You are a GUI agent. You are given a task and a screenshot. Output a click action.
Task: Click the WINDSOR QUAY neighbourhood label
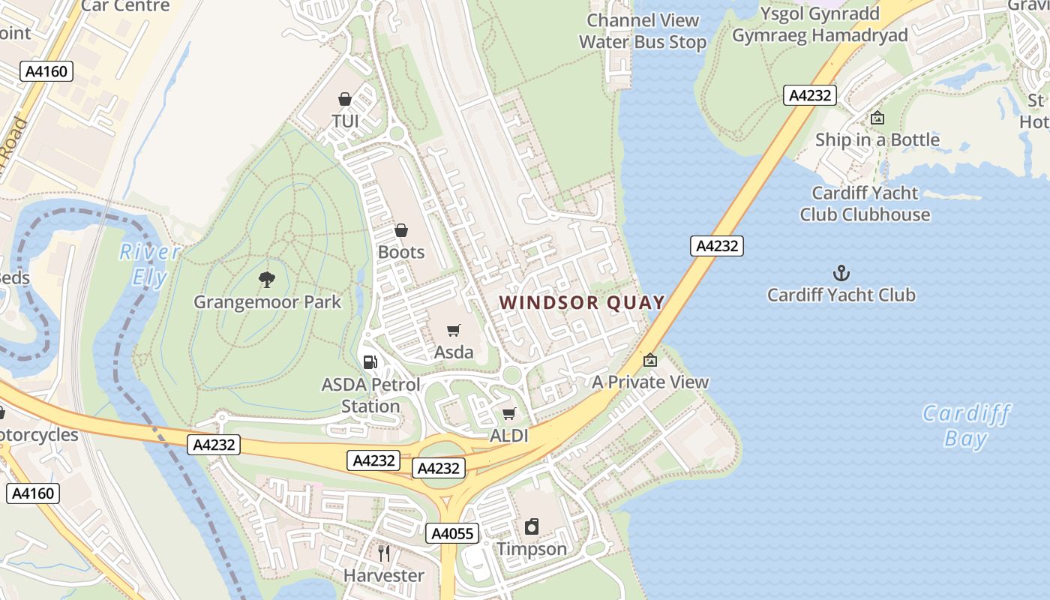pyautogui.click(x=582, y=302)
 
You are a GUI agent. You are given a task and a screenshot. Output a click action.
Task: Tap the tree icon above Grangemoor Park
pyautogui.click(x=266, y=280)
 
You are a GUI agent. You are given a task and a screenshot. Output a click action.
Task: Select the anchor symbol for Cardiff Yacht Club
pyautogui.click(x=841, y=273)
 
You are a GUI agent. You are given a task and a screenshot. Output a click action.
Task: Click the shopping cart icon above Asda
pyautogui.click(x=454, y=330)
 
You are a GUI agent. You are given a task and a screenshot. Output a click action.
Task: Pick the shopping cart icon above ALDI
pyautogui.click(x=509, y=413)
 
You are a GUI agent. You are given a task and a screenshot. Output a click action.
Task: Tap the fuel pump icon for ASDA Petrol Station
pyautogui.click(x=370, y=362)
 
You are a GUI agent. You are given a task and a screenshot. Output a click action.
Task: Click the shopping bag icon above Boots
pyautogui.click(x=401, y=230)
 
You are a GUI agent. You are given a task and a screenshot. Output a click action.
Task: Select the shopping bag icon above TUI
pyautogui.click(x=345, y=99)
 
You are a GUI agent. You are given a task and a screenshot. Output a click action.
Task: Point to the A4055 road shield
pyautogui.click(x=453, y=533)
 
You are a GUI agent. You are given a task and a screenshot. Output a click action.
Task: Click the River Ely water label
pyautogui.click(x=150, y=265)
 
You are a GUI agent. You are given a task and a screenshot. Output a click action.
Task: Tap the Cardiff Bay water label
pyautogui.click(x=966, y=425)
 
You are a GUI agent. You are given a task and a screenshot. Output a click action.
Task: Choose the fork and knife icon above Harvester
pyautogui.click(x=384, y=553)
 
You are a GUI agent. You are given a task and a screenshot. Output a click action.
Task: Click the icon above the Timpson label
pyautogui.click(x=532, y=526)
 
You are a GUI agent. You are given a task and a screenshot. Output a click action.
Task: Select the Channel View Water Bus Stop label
pyautogui.click(x=643, y=31)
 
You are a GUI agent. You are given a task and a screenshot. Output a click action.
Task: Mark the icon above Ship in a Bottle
pyautogui.click(x=877, y=118)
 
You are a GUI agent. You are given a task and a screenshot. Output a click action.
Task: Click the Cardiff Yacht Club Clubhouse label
pyautogui.click(x=865, y=203)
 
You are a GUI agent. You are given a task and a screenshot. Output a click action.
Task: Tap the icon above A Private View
pyautogui.click(x=650, y=360)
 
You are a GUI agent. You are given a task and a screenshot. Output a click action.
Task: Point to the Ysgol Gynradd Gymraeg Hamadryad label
pyautogui.click(x=820, y=25)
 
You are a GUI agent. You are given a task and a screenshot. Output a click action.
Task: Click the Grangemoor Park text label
pyautogui.click(x=267, y=302)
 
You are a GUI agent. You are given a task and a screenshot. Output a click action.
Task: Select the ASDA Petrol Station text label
pyautogui.click(x=370, y=395)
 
